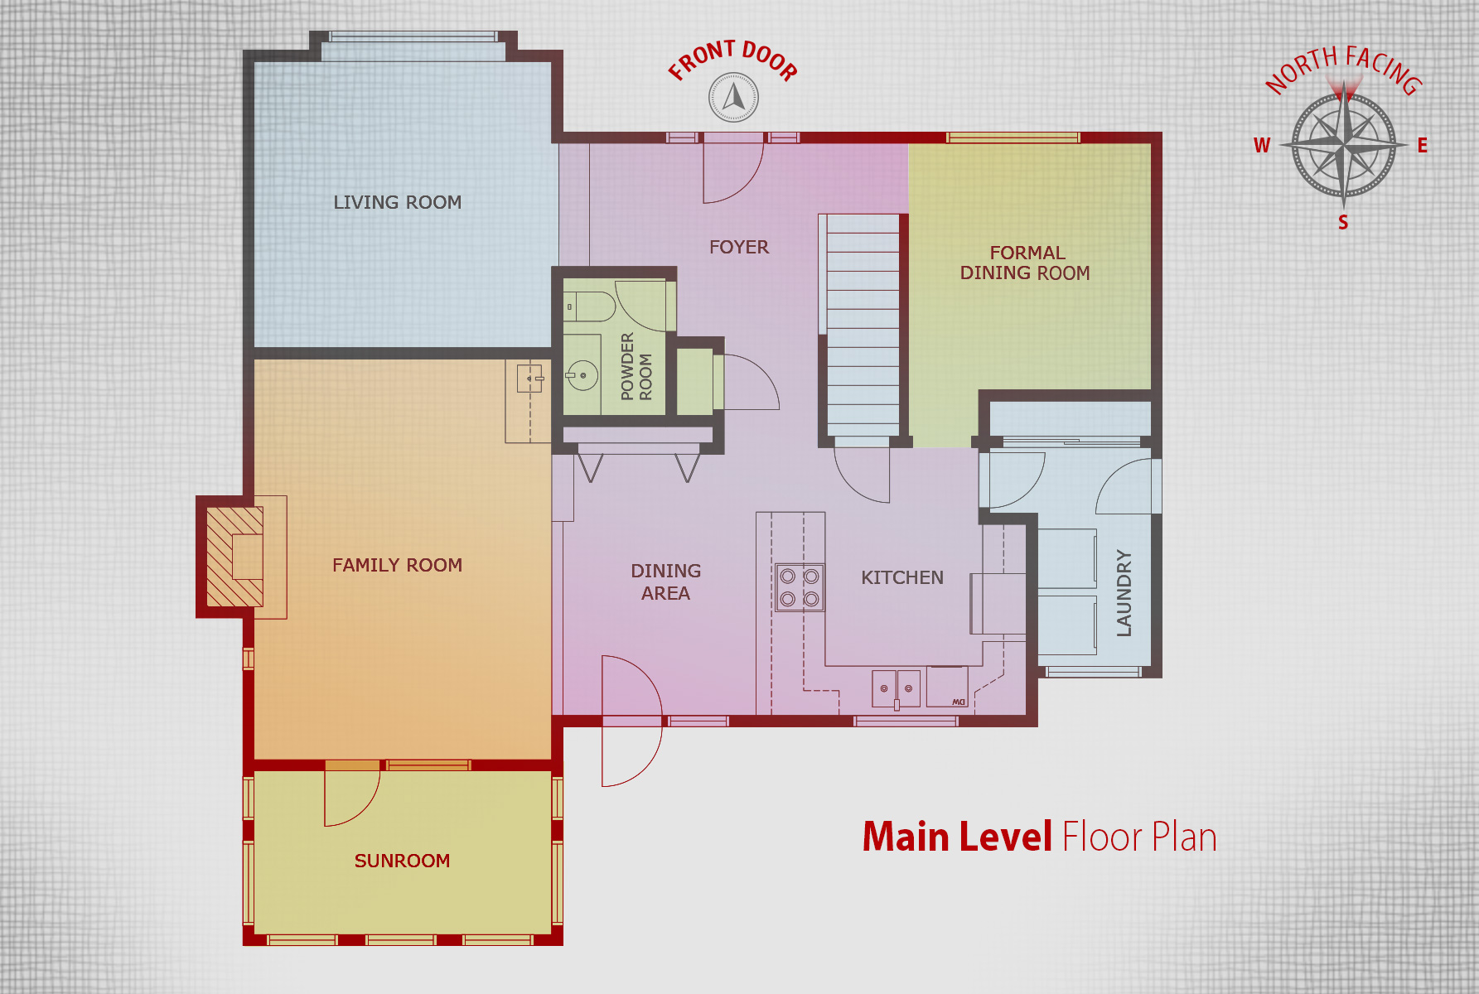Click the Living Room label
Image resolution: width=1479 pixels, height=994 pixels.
[398, 202]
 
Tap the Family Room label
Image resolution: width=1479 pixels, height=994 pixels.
[398, 565]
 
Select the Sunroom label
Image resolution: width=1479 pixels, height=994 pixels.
[403, 861]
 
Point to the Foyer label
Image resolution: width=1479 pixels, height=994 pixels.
[739, 247]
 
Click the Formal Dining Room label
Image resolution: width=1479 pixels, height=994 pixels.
[1026, 263]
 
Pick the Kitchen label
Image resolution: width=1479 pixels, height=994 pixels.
[902, 577]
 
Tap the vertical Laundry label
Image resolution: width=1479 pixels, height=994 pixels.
[1124, 593]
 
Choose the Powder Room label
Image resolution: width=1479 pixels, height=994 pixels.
[636, 367]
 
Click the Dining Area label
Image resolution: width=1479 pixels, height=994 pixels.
[666, 581]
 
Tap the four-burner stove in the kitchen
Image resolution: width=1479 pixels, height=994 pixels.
[800, 587]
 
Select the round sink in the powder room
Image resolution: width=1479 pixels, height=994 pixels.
[583, 375]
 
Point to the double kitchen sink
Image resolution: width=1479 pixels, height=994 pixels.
[897, 689]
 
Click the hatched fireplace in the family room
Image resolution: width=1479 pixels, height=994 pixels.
[234, 557]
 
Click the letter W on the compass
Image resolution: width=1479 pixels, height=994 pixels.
[1262, 146]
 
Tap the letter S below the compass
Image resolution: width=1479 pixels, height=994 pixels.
[1343, 222]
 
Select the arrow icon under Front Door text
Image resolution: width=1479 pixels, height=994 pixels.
[733, 97]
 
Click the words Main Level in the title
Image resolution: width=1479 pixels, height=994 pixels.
[957, 837]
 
